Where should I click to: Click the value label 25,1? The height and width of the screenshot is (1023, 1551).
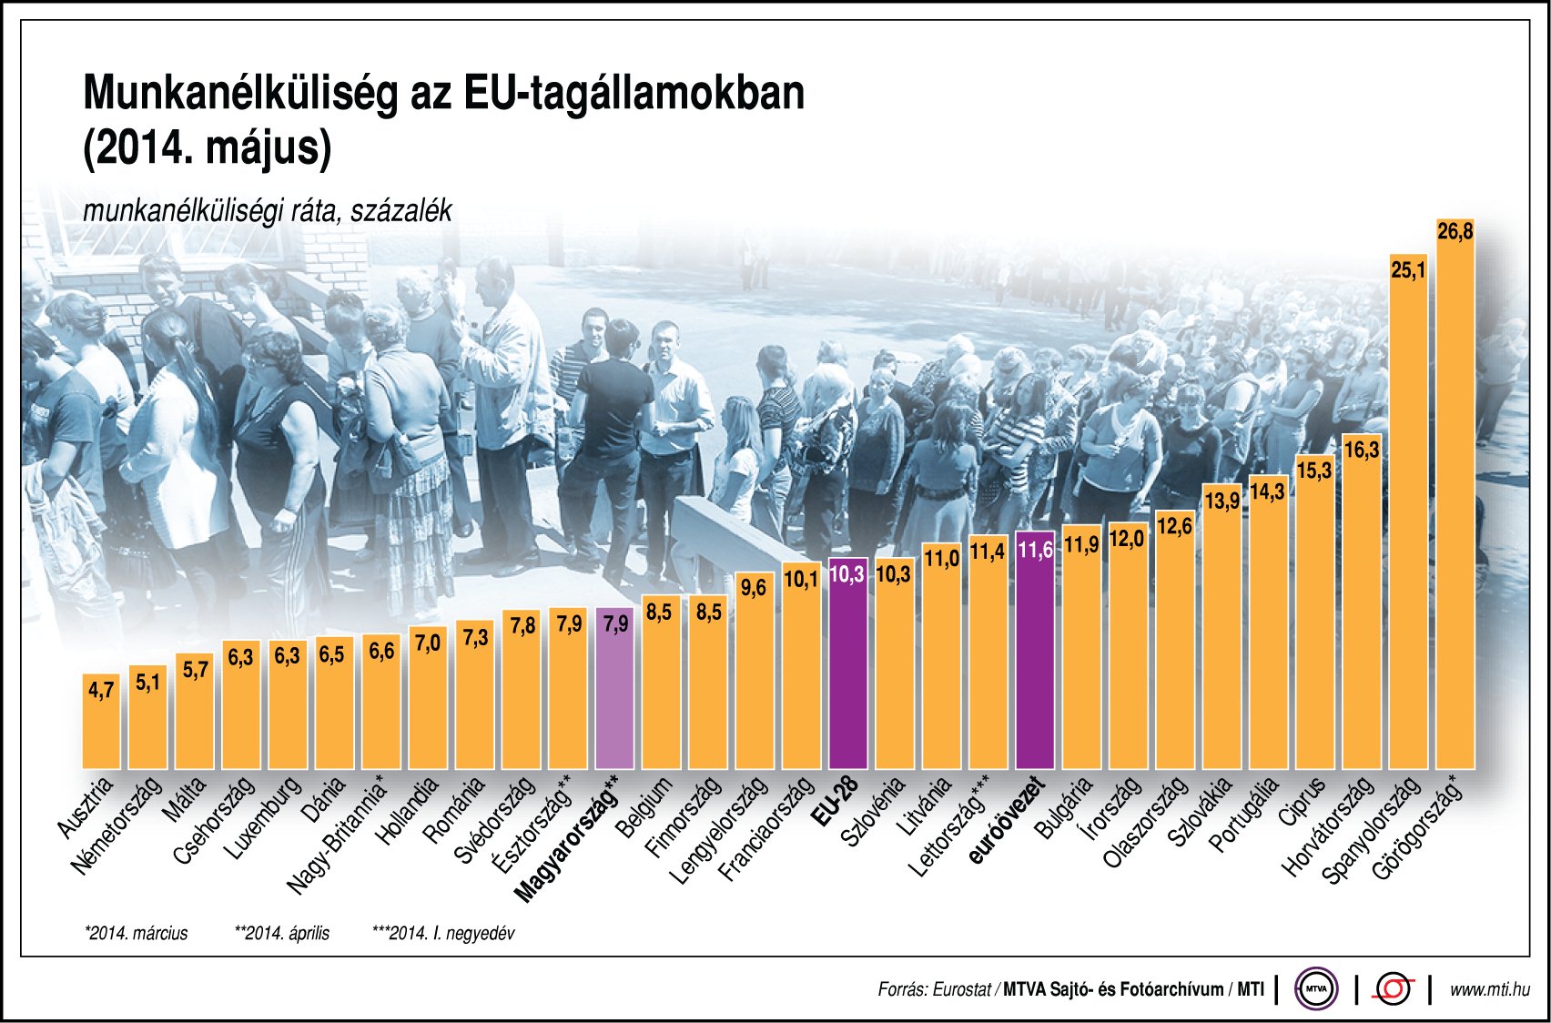click(1408, 270)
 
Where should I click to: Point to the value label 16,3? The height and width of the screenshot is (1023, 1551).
click(1362, 450)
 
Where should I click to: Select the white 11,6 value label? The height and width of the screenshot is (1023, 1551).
click(1035, 550)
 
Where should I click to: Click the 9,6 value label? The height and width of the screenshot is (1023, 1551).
click(754, 587)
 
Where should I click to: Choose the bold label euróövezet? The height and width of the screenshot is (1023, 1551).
click(1008, 819)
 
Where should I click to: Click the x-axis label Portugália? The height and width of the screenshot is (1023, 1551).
click(1244, 813)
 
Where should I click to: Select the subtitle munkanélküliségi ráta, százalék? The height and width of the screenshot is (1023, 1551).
click(267, 211)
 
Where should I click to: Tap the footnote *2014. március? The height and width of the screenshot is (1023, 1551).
click(136, 933)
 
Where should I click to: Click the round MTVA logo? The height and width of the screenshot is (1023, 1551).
click(1316, 988)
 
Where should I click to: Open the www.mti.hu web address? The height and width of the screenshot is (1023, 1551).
click(1489, 989)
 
